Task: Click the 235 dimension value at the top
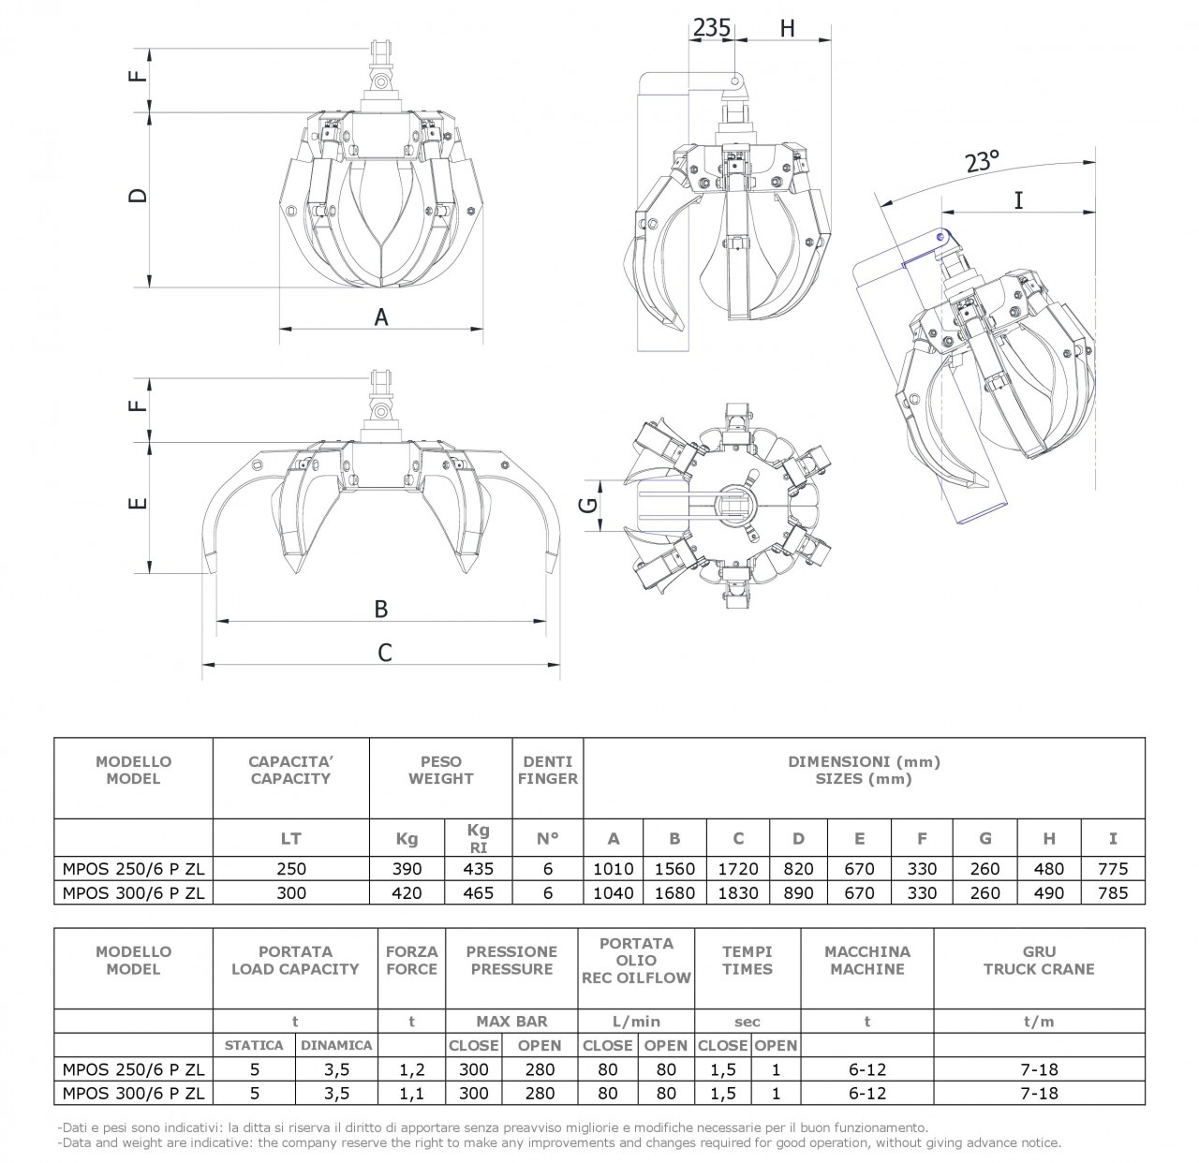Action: [x=712, y=28]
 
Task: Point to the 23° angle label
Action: [x=982, y=161]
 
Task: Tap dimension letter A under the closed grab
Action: [x=381, y=317]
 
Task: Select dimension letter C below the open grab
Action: [x=384, y=653]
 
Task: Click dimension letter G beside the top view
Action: [x=589, y=505]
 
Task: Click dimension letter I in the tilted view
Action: [x=1019, y=200]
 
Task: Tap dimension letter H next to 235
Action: [x=788, y=28]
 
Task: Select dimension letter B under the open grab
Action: [x=381, y=609]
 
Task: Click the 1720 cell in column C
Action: [x=738, y=869]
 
